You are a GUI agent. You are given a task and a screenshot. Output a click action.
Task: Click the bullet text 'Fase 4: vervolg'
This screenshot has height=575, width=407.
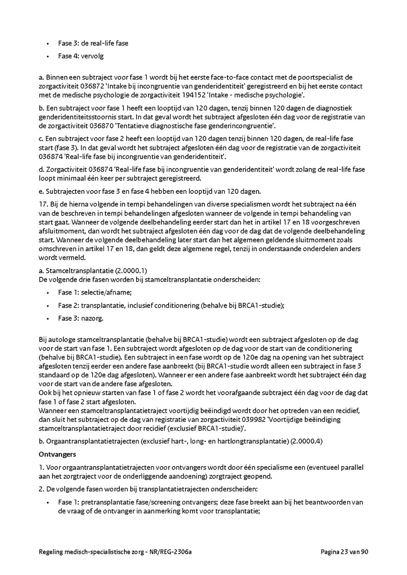80,56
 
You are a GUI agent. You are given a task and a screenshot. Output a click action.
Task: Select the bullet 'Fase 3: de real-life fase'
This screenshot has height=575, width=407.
93,43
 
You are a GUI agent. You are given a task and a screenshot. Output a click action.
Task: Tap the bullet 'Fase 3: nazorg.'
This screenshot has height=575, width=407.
80,318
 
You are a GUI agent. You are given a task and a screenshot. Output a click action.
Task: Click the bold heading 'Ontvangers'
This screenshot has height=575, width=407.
57,454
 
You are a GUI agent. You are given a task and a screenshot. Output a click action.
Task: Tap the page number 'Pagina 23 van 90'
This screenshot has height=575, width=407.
345,552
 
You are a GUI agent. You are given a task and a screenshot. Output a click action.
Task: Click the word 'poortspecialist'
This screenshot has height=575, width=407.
318,77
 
